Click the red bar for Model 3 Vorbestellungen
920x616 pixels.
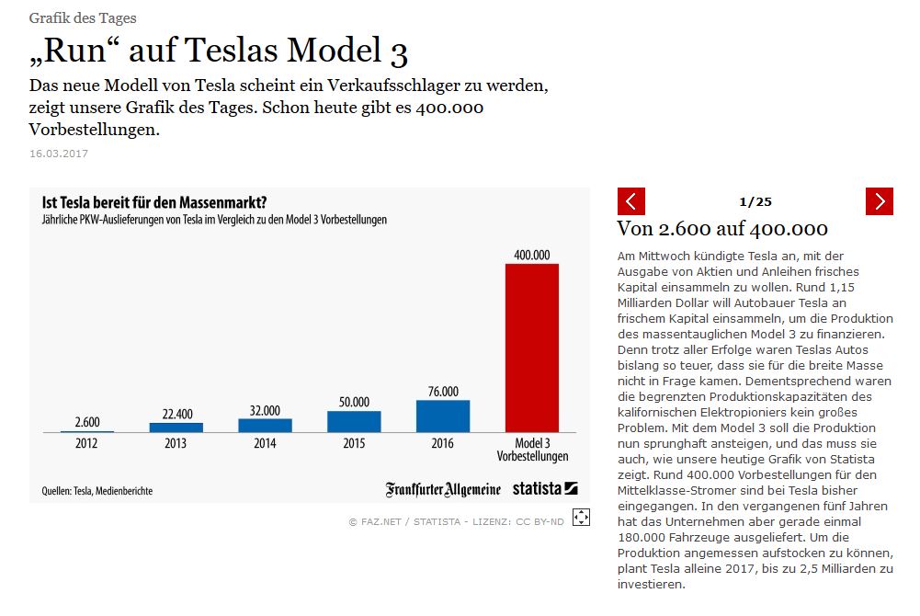point(532,348)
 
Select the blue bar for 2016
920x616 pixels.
point(443,416)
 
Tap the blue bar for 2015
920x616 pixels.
point(354,421)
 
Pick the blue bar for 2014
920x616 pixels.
point(265,425)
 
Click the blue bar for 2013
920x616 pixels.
point(176,427)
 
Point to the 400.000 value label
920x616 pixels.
point(532,255)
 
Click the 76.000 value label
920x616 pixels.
point(443,391)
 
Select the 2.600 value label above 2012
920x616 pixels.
point(87,422)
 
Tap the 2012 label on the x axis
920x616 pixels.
point(87,442)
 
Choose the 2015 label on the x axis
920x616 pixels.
point(354,442)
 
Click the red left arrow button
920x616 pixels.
point(631,201)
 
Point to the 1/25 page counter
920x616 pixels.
point(755,201)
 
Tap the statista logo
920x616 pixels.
point(545,488)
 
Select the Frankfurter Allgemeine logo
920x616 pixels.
point(443,488)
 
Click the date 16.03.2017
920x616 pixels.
point(59,154)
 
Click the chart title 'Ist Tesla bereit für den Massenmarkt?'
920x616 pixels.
point(154,202)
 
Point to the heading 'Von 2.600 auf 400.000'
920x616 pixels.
point(722,229)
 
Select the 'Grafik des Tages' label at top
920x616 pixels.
point(83,17)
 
